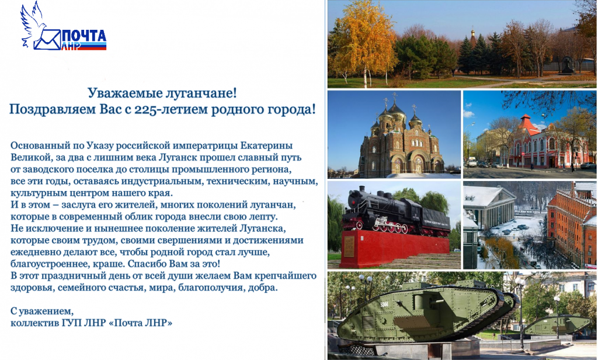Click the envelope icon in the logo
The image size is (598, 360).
(x=46, y=40)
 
